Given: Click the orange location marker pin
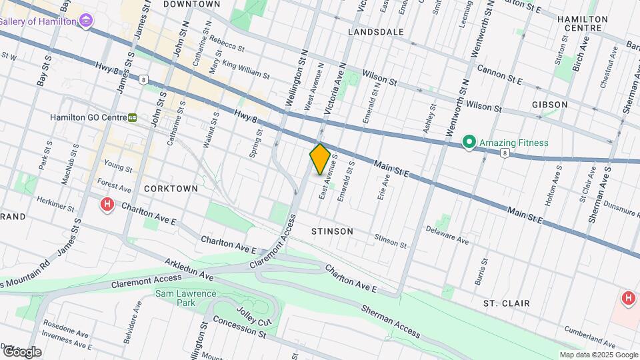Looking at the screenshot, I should click(320, 159).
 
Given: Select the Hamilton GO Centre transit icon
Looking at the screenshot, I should click(133, 117).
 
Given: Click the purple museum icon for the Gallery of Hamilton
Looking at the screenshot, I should click(85, 21).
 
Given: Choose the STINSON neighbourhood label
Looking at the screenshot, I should click(332, 231).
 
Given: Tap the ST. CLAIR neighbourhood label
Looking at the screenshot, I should click(507, 303).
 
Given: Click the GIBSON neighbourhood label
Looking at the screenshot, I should click(550, 105).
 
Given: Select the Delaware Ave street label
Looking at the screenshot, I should click(449, 237).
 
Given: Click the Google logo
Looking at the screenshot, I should click(21, 351).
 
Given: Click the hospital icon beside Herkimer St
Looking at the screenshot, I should click(107, 205).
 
